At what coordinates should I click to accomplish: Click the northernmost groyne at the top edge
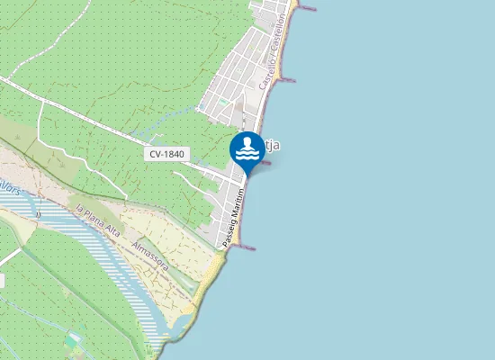(306, 9)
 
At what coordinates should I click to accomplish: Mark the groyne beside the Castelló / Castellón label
(287, 80)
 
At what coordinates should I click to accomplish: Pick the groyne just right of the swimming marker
(266, 165)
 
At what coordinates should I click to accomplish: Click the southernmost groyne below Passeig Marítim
(246, 247)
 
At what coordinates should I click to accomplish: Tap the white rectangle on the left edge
(2, 281)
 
